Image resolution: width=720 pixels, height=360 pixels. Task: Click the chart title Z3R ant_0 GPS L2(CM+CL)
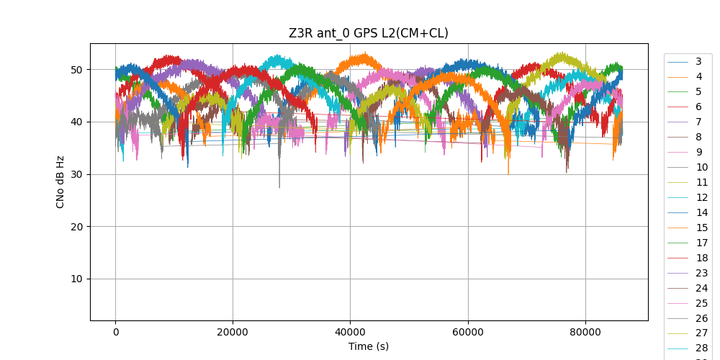[369, 33]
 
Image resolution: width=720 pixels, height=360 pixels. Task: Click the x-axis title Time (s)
[369, 346]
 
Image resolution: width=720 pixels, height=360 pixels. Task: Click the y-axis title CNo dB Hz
[60, 181]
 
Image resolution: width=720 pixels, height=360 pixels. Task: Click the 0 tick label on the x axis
[115, 332]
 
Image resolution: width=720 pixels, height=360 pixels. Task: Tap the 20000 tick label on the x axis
[233, 332]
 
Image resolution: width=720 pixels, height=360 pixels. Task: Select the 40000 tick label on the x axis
[350, 332]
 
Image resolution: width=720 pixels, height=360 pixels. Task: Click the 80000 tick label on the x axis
[585, 332]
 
